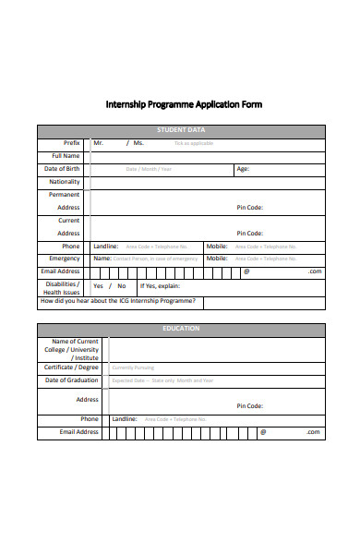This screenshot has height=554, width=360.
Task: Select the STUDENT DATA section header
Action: pos(181,130)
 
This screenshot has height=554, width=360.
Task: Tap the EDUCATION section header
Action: pos(181,329)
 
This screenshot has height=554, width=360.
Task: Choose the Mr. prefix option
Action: pos(99,143)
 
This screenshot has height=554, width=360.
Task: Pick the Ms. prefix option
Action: pos(138,143)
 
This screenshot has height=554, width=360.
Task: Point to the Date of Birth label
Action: pos(62,169)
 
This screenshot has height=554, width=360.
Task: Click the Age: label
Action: pos(243,169)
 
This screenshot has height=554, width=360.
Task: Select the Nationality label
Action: pos(64,182)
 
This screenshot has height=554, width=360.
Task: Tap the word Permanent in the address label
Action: pos(65,195)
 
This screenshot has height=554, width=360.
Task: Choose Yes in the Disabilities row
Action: pos(98,286)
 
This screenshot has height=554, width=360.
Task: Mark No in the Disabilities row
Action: pos(121,286)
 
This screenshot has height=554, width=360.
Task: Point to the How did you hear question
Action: pos(118,302)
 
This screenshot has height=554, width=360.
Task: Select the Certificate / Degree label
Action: pos(71,367)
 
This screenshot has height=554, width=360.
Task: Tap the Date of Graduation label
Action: pos(70,379)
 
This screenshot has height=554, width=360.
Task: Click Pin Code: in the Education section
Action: pos(250,405)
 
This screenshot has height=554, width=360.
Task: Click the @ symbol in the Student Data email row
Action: pos(246,271)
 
